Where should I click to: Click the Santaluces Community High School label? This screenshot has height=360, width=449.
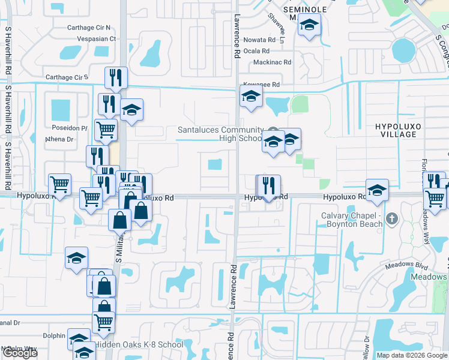coord(220,134)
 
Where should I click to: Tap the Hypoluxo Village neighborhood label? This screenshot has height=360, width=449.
coord(395,130)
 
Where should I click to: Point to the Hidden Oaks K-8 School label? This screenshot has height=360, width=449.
coord(139,345)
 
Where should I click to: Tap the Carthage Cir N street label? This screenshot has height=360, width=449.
coord(89,28)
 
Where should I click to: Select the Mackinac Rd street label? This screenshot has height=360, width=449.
coord(272,62)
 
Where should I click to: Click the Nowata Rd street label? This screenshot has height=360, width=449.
coord(259,40)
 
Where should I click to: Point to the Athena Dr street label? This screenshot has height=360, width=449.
coord(60,139)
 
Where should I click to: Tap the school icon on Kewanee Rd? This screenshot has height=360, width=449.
coord(250,95)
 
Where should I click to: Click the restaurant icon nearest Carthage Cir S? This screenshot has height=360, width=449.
coord(115,77)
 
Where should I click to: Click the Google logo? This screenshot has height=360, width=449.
coord(20,353)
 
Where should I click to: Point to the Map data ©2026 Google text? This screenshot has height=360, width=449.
coord(411,355)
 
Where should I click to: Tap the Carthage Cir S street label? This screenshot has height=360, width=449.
coord(67,77)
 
